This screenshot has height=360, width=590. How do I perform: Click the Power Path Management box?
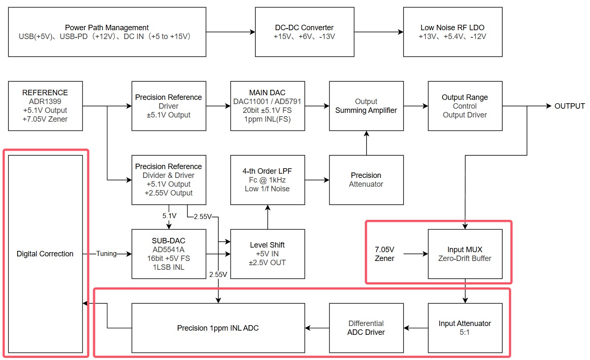click(x=107, y=32)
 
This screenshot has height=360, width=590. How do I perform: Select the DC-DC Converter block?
click(x=304, y=32)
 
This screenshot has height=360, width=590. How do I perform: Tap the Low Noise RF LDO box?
click(x=453, y=32)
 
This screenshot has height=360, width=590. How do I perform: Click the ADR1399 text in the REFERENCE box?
click(x=45, y=102)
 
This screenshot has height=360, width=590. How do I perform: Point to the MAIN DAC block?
click(x=267, y=106)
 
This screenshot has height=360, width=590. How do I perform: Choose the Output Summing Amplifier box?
click(x=366, y=106)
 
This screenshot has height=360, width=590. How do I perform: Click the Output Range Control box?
click(x=465, y=106)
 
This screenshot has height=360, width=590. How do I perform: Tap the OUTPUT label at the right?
click(x=569, y=106)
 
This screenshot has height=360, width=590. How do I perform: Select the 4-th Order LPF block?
click(x=267, y=180)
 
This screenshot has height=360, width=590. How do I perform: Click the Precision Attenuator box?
click(x=366, y=180)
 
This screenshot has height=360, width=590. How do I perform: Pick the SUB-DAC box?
click(x=169, y=254)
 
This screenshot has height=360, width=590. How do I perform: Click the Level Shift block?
click(x=267, y=254)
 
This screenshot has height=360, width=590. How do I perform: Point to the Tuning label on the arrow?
click(x=106, y=253)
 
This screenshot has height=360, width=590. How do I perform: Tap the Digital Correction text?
click(x=45, y=254)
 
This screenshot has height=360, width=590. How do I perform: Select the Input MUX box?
click(x=465, y=254)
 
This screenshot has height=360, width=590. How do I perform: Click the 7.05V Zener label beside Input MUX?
click(x=384, y=254)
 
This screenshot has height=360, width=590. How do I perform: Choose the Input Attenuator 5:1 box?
click(x=465, y=328)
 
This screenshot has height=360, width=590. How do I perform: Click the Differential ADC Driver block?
click(x=366, y=328)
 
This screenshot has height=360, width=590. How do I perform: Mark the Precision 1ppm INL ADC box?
click(x=218, y=328)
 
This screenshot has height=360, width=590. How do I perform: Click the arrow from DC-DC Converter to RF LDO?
click(x=378, y=32)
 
